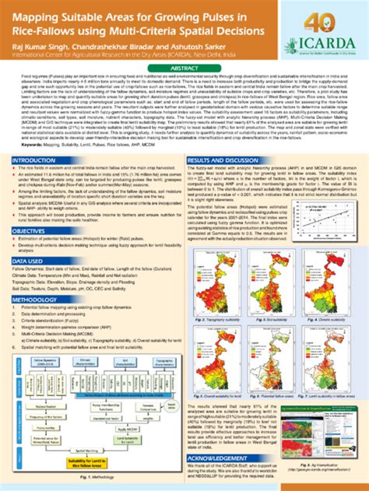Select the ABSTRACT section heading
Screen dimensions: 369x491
click(x=184, y=68)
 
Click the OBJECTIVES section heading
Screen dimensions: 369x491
click(x=31, y=231)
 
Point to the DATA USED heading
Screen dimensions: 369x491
click(x=29, y=261)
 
